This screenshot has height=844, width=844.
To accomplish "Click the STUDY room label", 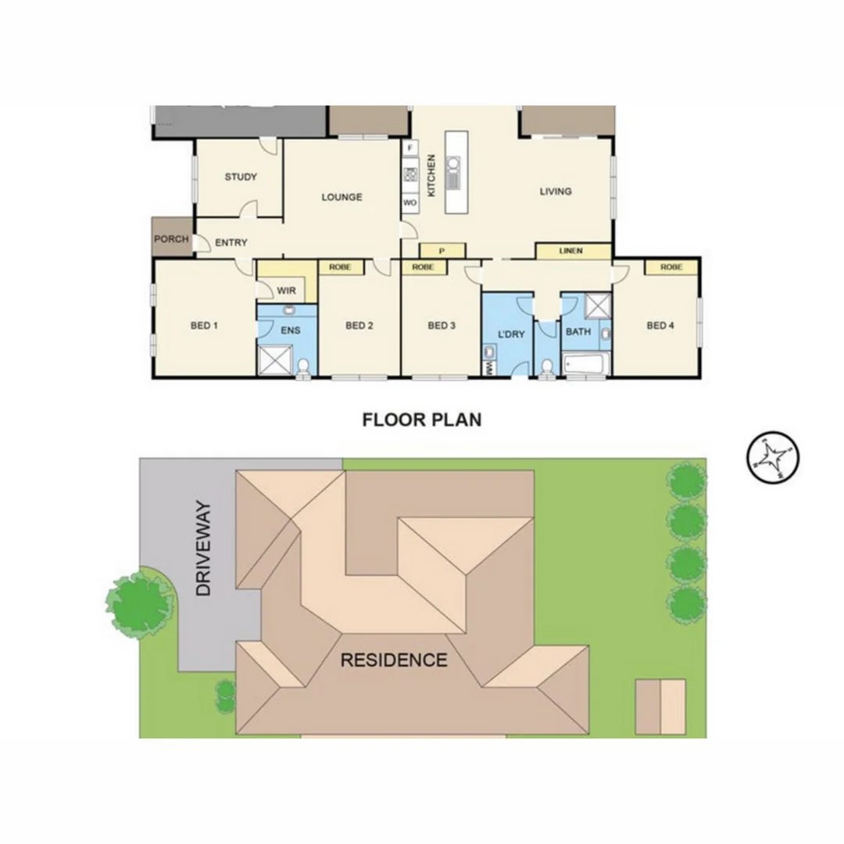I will [x=241, y=177].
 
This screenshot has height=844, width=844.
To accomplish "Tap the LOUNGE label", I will [x=342, y=197].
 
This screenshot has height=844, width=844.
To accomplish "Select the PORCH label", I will [x=171, y=238].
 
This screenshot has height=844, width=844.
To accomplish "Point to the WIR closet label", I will [x=287, y=291].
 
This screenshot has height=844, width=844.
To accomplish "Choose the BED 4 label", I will [x=660, y=325].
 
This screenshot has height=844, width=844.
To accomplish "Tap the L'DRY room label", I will [x=511, y=335].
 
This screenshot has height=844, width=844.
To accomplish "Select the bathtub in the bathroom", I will [x=585, y=363].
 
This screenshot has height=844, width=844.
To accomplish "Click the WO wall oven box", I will [x=409, y=202].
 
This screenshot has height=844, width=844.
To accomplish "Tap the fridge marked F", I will [x=409, y=147].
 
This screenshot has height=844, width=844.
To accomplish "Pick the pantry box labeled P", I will [x=442, y=251].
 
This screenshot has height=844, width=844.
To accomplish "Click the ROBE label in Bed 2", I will [x=340, y=267].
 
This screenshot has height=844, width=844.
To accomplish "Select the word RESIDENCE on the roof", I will [x=394, y=660].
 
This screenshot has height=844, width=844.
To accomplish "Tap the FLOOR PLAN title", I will [x=422, y=420].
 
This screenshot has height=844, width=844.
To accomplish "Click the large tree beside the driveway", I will [x=141, y=603].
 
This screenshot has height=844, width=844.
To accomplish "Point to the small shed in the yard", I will [x=660, y=706].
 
